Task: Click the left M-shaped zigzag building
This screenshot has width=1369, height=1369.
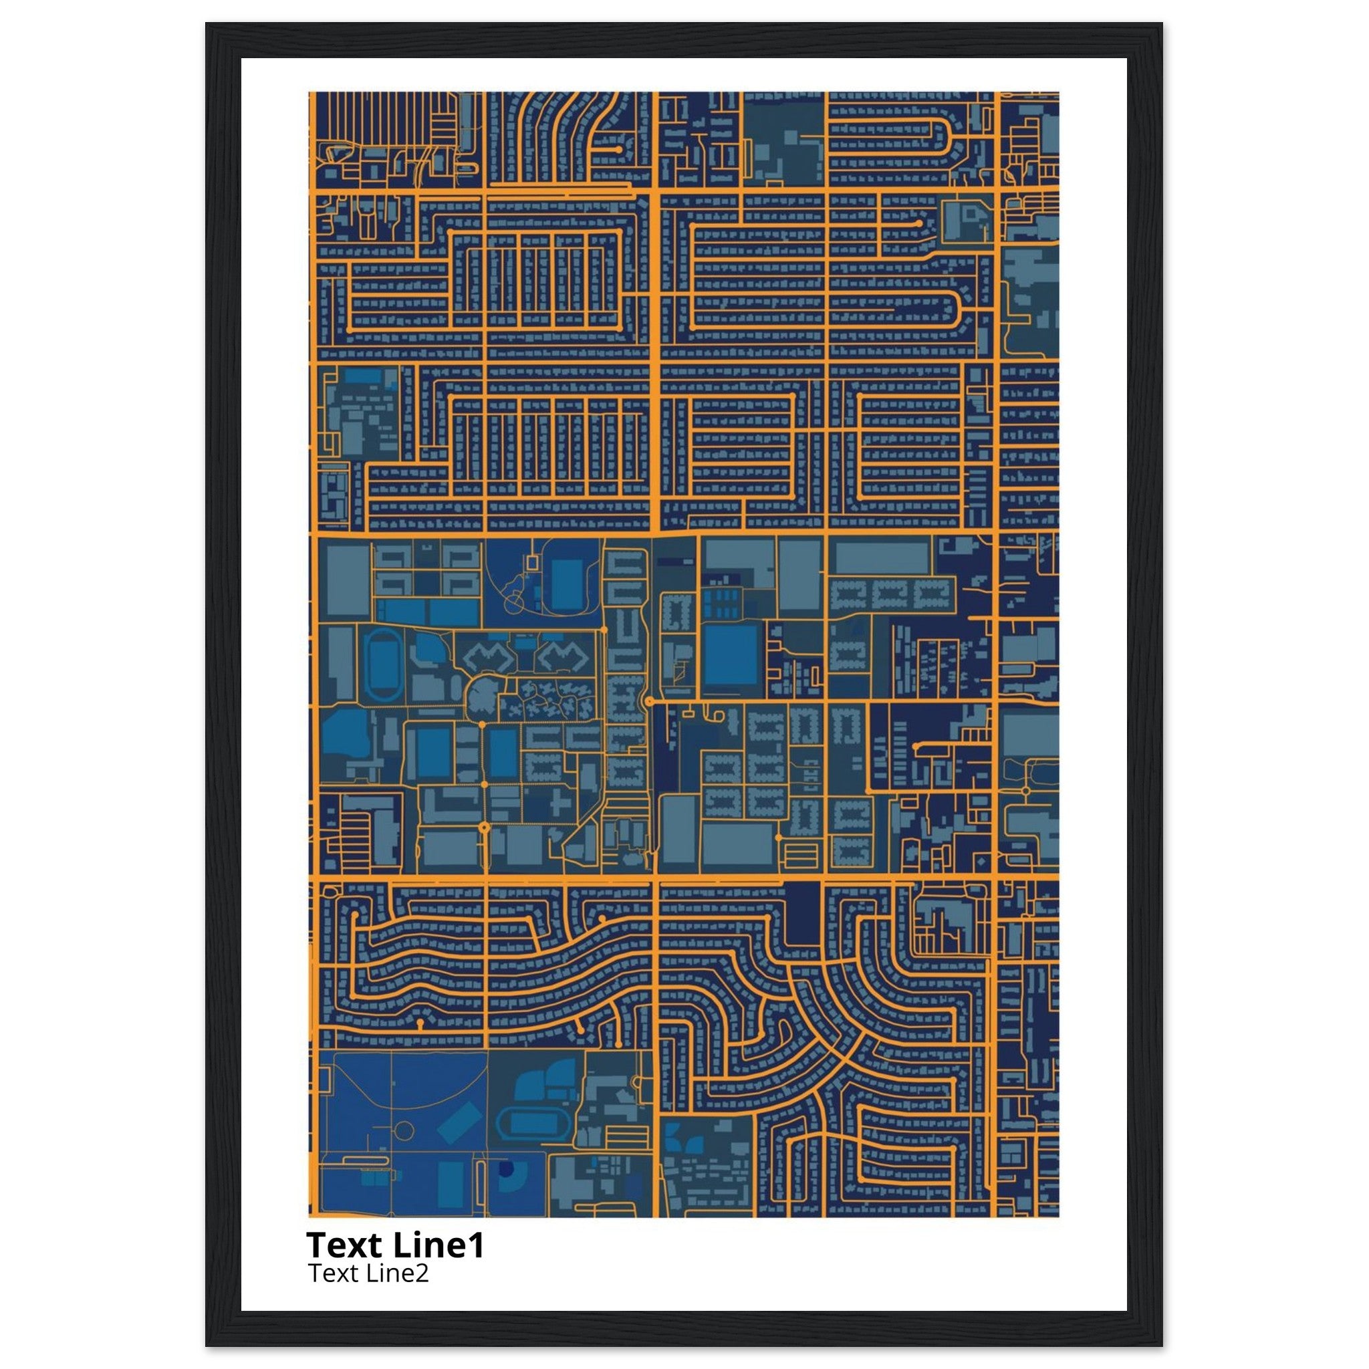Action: click(488, 658)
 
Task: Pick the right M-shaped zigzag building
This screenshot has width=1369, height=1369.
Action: click(563, 658)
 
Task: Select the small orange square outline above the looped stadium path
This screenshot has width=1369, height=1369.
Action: click(534, 560)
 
